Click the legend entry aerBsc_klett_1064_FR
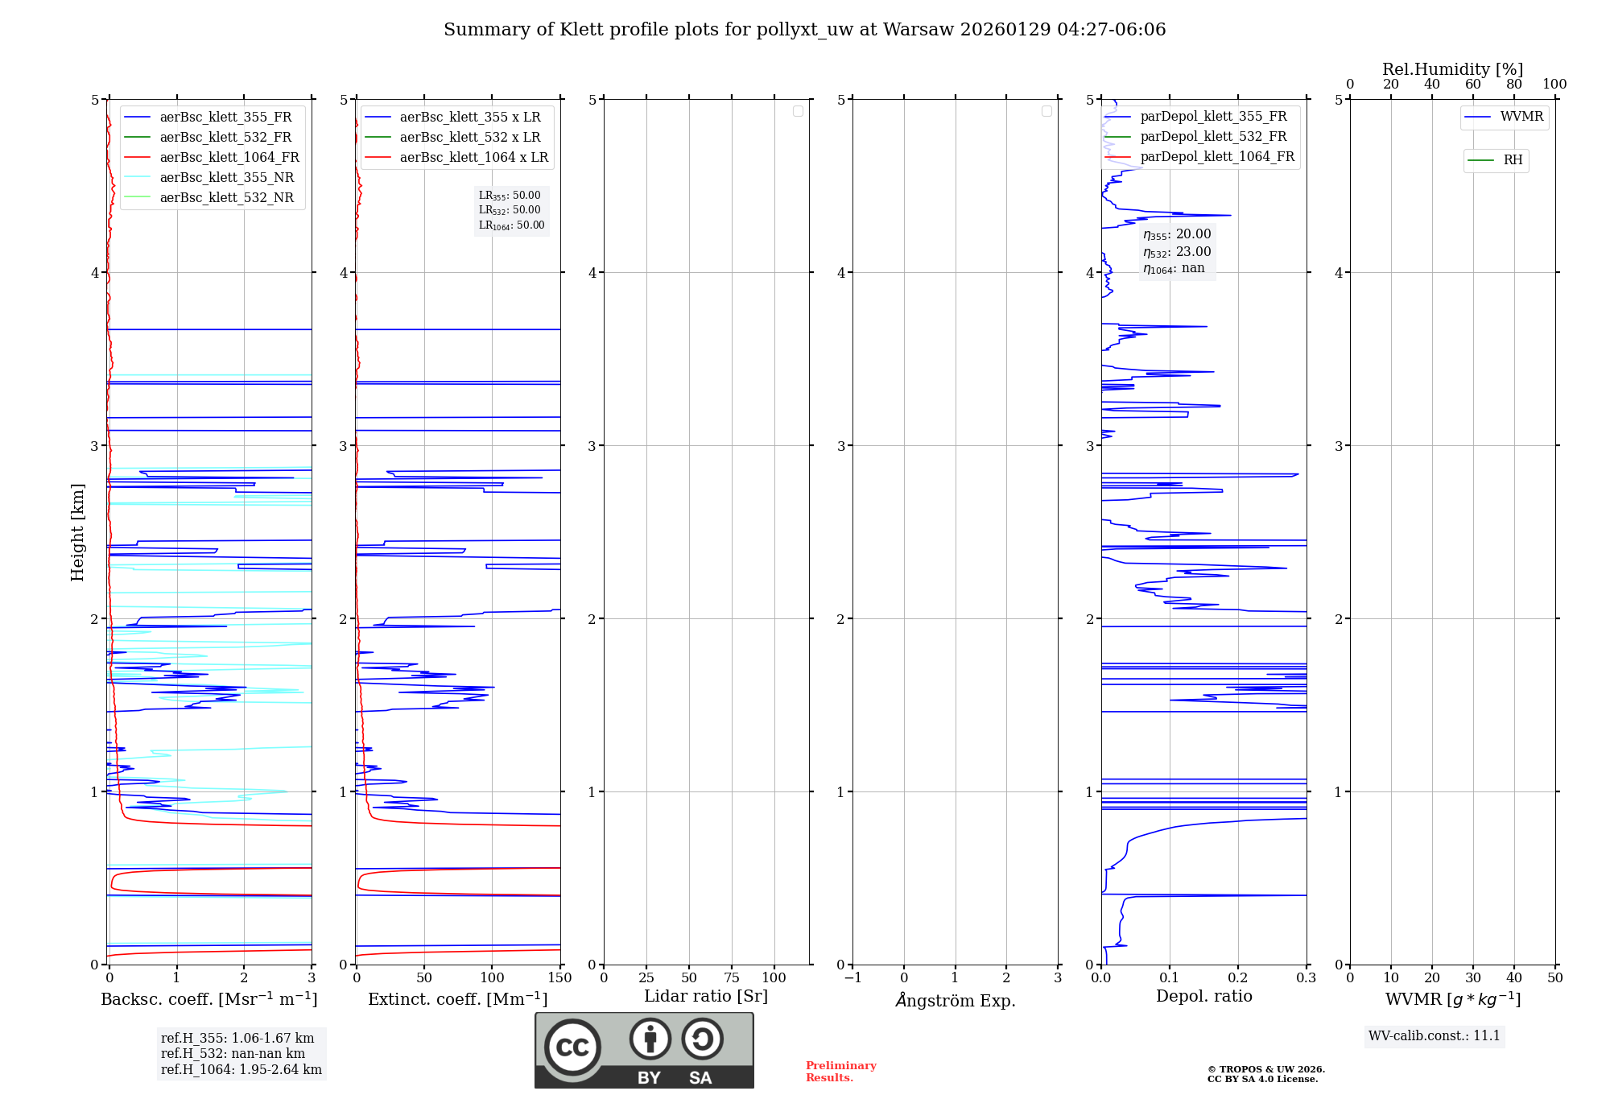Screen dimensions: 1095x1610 229,158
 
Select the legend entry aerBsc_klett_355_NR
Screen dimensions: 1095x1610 226,178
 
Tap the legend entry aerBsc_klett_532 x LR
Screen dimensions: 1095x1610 470,138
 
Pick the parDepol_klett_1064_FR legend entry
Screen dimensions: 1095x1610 1217,157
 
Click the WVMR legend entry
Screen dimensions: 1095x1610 1521,117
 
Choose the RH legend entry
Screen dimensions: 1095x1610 1513,160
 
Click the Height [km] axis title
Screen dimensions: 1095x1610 77,532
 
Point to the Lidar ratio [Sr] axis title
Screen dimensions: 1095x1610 706,996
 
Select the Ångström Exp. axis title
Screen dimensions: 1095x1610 956,1000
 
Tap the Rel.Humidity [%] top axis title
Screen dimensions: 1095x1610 1452,69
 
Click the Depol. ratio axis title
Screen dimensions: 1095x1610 1203,996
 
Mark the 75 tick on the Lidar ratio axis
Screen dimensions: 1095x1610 732,977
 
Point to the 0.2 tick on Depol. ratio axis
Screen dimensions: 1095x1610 1238,977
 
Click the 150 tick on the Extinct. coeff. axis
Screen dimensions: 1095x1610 559,977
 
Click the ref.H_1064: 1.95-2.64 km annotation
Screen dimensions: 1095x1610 242,1069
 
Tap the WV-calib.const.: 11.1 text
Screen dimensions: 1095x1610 1435,1035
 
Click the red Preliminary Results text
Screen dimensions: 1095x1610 840,1072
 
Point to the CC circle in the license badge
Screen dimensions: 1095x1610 572,1047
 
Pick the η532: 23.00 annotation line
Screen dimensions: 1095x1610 1177,252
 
